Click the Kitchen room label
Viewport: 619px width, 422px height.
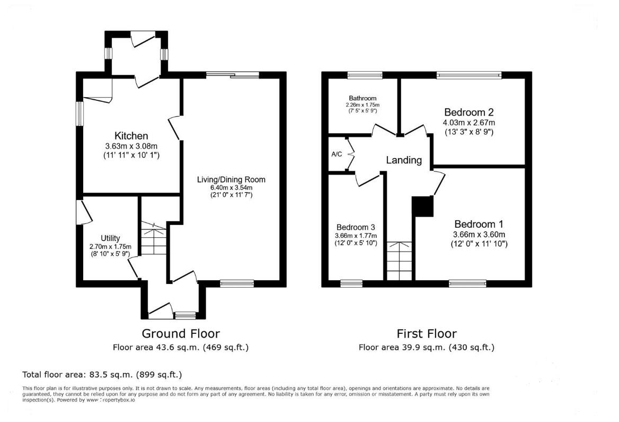point(131,136)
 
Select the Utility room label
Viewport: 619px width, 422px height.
point(110,238)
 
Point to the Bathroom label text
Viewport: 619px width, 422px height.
point(362,98)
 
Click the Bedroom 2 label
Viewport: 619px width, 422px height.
point(468,113)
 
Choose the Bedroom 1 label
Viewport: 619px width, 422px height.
point(479,224)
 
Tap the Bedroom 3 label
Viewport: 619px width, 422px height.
point(356,227)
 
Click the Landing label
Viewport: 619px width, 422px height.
point(404,160)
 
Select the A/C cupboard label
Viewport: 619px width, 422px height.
point(337,154)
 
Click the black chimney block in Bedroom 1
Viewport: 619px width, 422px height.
point(422,206)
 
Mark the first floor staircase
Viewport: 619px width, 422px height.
point(399,260)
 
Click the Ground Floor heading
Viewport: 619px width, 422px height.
point(180,334)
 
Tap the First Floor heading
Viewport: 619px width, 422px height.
point(427,334)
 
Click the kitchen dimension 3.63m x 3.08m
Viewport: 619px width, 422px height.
point(131,147)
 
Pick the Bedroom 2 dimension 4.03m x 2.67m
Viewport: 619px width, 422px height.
point(468,123)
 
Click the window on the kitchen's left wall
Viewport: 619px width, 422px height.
point(79,113)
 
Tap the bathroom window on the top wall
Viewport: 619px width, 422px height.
point(365,75)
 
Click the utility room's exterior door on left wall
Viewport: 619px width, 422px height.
point(83,211)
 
